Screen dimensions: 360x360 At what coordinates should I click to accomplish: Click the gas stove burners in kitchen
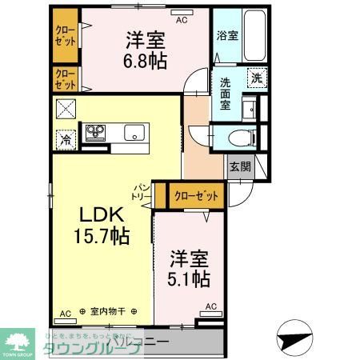[x=95, y=132]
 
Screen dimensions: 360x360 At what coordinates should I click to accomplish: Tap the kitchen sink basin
[x=133, y=132]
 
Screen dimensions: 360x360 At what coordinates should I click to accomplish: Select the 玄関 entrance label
[x=239, y=166]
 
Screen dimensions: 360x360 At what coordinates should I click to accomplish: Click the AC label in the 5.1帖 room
[x=211, y=306]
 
